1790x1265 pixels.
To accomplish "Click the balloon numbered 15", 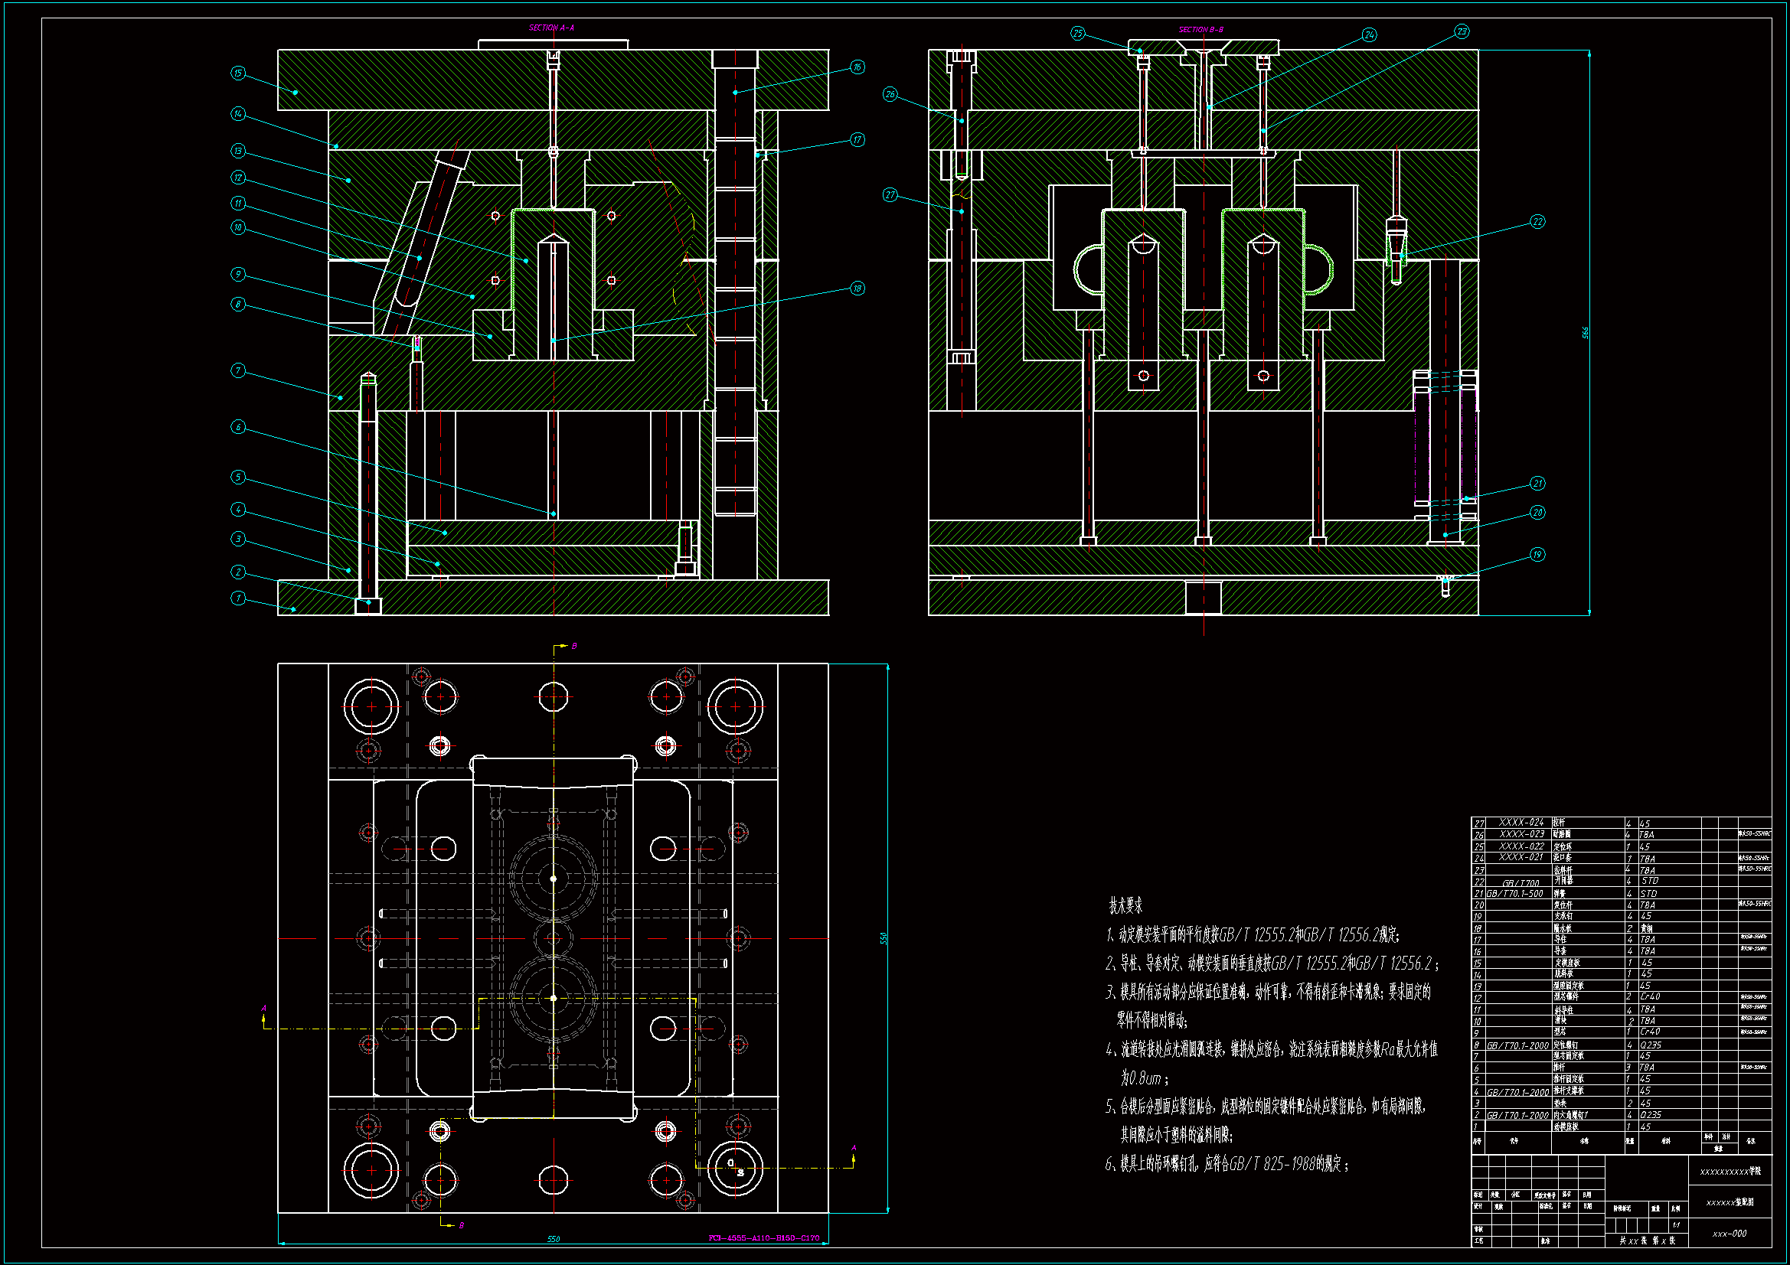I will pos(238,73).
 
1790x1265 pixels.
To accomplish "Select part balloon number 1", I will pos(238,598).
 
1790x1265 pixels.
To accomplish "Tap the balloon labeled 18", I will pos(857,289).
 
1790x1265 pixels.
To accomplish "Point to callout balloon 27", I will pos(890,195).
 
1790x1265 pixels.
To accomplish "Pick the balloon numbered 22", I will pos(1537,222).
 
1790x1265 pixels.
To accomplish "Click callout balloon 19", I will pos(1537,555).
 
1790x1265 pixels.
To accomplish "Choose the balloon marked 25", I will pos(1077,34).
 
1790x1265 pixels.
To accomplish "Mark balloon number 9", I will pos(238,275).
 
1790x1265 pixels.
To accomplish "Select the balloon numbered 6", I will pos(238,427).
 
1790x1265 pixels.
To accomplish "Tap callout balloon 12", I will pos(238,178).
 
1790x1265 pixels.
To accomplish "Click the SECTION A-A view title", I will pos(551,28).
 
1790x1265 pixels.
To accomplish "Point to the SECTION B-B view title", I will pos(1200,30).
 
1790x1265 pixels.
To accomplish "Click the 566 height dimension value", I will pos(1585,333).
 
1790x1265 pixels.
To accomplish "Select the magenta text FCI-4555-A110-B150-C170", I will pos(763,1237).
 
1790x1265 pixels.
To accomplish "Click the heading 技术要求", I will pos(1125,905).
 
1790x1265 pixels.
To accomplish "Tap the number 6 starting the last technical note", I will pos(1109,1165).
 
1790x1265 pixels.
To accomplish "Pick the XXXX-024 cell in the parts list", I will pos(1521,823).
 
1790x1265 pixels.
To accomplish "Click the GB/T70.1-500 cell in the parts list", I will pos(1515,894).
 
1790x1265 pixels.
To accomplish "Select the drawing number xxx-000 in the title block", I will pos(1730,1234).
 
